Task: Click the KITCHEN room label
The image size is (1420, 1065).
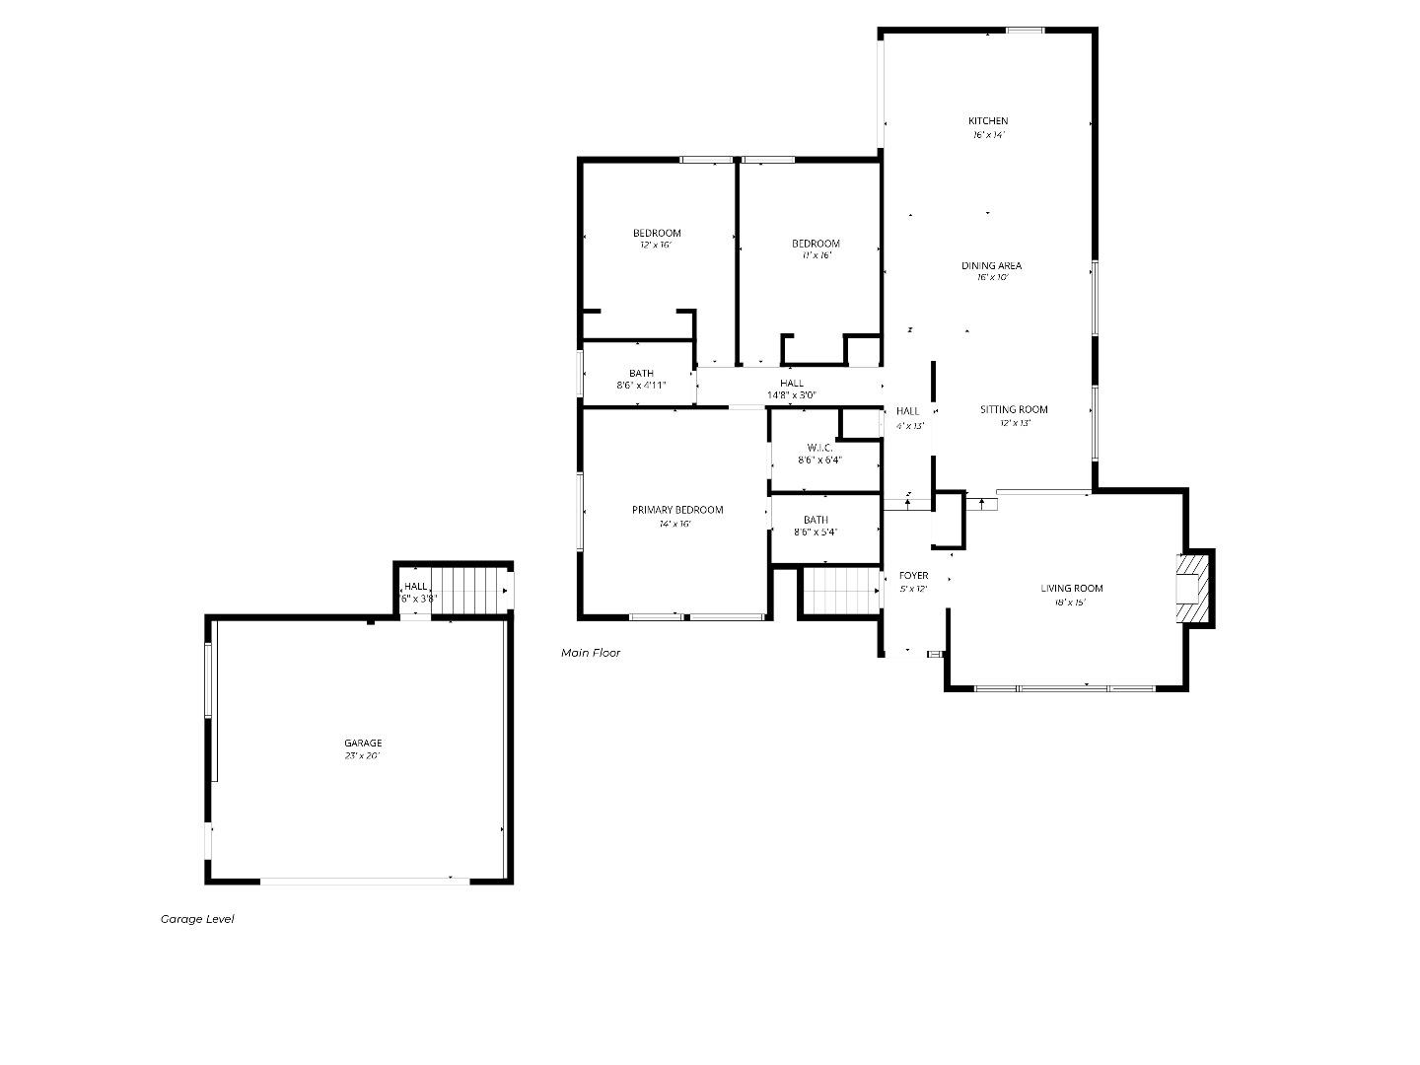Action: point(988,121)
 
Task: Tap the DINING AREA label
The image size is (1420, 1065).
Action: point(991,265)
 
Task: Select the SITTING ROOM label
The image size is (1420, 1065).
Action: point(1014,409)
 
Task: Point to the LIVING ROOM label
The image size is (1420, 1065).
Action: point(1072,589)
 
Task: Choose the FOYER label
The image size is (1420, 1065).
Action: point(913,576)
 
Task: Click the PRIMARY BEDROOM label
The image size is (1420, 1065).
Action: point(677,510)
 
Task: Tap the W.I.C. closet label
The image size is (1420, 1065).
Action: point(819,448)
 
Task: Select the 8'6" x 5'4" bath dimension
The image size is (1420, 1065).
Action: point(816,532)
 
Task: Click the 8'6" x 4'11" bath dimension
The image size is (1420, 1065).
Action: point(641,386)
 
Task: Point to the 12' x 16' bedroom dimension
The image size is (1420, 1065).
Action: point(656,246)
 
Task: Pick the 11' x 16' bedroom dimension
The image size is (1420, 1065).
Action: point(816,255)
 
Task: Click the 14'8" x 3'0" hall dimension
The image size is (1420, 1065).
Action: point(792,395)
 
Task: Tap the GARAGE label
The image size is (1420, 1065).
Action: point(363,744)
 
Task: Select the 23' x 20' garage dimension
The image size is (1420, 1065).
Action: point(363,756)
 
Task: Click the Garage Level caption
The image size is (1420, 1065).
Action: point(197,919)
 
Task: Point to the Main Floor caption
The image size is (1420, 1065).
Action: point(591,653)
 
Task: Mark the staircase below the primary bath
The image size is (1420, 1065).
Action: point(839,591)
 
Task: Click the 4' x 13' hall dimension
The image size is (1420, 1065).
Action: point(909,426)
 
